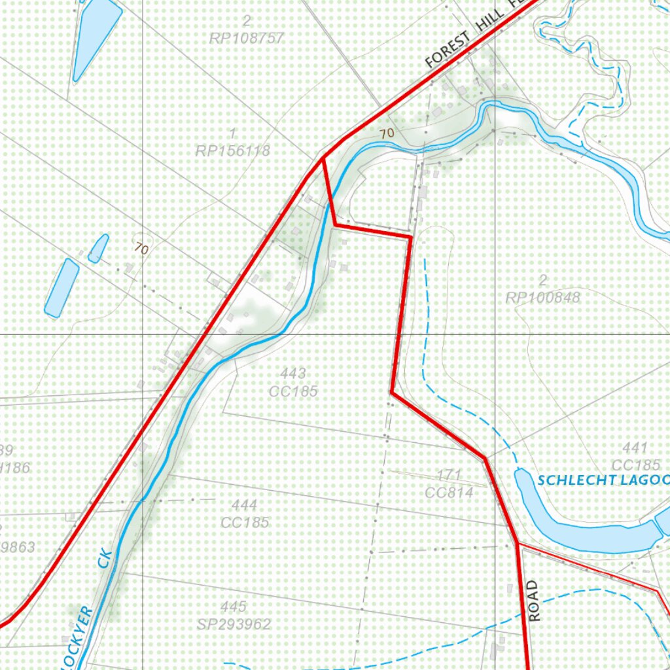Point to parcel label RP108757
click(247, 38)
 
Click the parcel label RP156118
click(232, 150)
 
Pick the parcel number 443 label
click(292, 374)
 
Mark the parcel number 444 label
click(244, 505)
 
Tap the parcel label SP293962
click(234, 624)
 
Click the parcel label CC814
click(449, 492)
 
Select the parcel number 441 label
click(635, 448)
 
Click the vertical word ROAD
click(535, 601)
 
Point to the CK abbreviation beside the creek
click(106, 557)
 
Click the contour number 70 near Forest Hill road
click(387, 133)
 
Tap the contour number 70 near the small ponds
click(140, 249)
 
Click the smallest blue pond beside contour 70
click(98, 249)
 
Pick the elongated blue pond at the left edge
click(62, 288)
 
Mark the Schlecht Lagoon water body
click(576, 523)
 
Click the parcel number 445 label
click(234, 607)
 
